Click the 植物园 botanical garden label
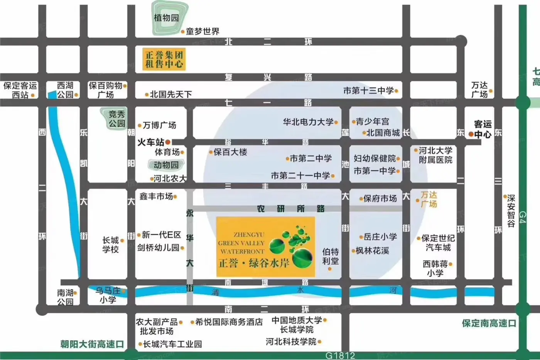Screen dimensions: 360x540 click(x=166, y=18)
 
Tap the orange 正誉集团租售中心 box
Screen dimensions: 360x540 click(x=164, y=59)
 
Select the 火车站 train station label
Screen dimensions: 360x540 click(x=151, y=142)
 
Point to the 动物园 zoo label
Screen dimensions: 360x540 click(x=166, y=165)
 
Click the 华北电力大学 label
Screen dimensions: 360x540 click(x=308, y=122)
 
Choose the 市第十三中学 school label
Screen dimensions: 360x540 click(x=368, y=91)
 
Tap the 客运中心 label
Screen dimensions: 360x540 click(x=483, y=129)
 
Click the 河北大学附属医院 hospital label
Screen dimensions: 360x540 click(x=435, y=155)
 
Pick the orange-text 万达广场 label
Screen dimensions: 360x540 click(x=429, y=199)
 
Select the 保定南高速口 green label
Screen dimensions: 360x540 click(x=489, y=323)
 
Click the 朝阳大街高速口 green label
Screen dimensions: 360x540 click(x=92, y=344)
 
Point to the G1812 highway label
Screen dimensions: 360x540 click(x=340, y=355)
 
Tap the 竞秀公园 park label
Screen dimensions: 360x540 click(x=116, y=118)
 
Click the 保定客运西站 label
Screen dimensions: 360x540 click(x=20, y=90)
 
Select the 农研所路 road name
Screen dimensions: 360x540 click(x=291, y=209)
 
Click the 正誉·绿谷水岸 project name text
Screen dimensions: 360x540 click(x=254, y=264)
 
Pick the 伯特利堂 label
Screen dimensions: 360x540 click(x=331, y=256)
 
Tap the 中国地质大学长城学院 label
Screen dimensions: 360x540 click(x=297, y=325)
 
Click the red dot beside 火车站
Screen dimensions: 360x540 click(x=168, y=142)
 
